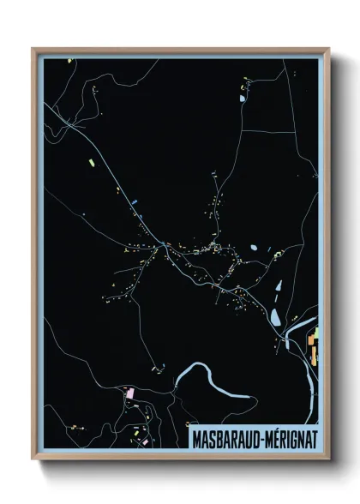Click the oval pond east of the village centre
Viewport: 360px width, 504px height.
pos(254,249)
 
